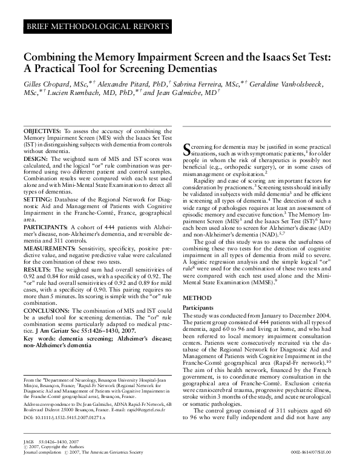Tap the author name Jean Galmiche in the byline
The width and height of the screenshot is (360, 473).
click(182, 94)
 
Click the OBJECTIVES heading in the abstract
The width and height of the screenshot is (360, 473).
click(42, 131)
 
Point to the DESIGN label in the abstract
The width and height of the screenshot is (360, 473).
click(35, 158)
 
